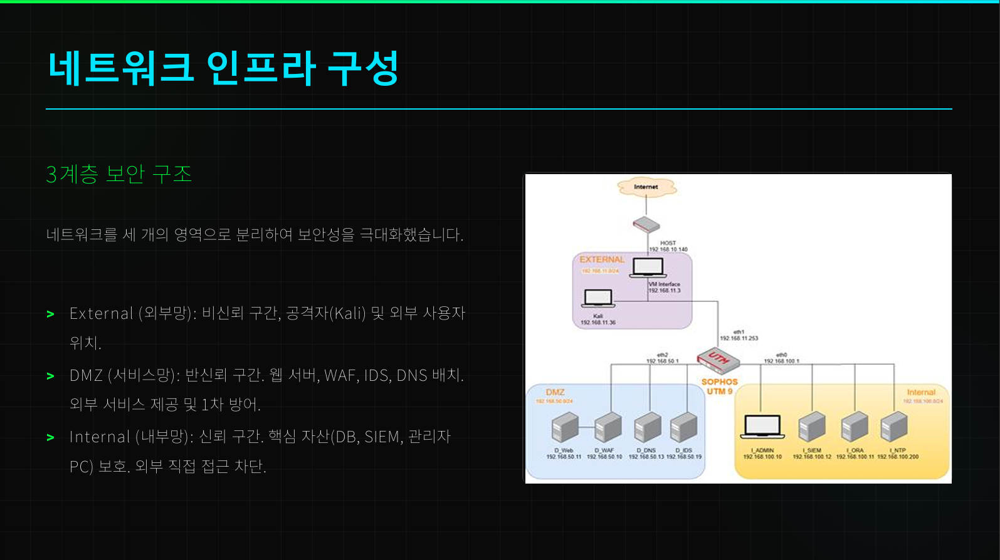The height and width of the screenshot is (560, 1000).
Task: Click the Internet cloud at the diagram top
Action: [x=646, y=187]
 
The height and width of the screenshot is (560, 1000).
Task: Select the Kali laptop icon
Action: [x=597, y=298]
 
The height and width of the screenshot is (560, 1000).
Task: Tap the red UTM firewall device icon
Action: [x=718, y=360]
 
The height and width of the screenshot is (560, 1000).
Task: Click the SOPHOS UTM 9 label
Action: [x=720, y=386]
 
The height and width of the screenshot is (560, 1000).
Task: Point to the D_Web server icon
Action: [x=564, y=428]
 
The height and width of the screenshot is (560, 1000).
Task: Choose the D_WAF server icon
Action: [x=607, y=428]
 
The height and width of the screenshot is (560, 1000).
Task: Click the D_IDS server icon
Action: [x=683, y=428]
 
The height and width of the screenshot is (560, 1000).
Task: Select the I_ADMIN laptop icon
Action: [x=762, y=428]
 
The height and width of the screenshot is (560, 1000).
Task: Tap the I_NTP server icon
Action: [x=895, y=428]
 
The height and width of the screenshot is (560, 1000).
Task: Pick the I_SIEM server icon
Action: [x=812, y=428]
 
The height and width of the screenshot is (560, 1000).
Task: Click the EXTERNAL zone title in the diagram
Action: [x=602, y=259]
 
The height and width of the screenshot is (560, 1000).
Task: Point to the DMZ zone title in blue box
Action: [x=555, y=392]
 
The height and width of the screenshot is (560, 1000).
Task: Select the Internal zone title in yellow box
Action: [x=920, y=392]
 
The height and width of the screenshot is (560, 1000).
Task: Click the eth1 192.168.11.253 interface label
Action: [x=739, y=335]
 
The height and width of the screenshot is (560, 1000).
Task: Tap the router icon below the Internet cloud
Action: [x=646, y=224]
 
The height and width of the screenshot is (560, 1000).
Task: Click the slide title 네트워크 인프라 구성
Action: [x=223, y=68]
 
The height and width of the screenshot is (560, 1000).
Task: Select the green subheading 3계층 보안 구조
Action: [x=118, y=174]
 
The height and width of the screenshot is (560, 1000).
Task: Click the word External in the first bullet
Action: [x=102, y=313]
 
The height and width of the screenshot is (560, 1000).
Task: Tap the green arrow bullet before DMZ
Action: [x=51, y=376]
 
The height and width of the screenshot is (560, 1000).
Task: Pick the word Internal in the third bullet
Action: [x=100, y=437]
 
